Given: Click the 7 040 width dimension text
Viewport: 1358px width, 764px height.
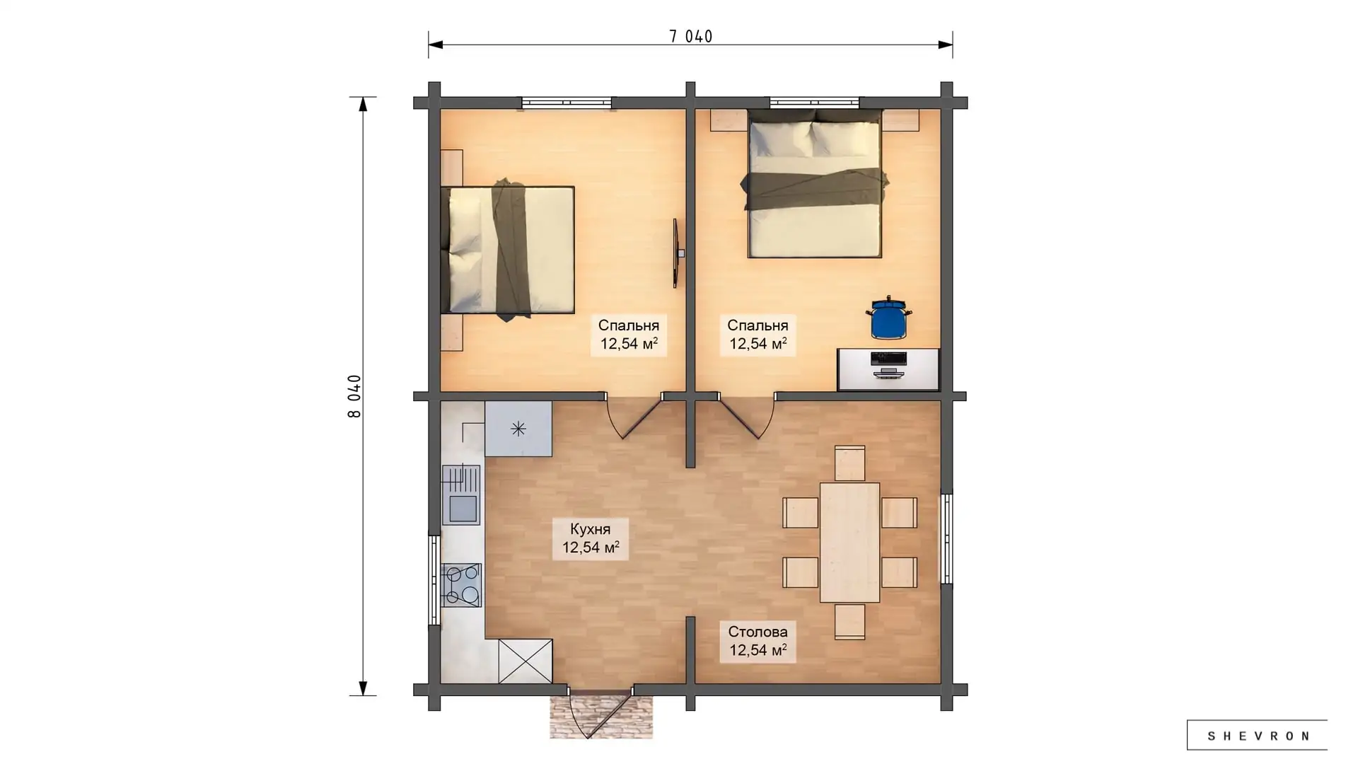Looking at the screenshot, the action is [690, 36].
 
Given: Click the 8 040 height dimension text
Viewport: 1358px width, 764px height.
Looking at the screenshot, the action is [354, 396].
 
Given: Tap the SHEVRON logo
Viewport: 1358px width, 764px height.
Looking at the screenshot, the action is [1257, 736].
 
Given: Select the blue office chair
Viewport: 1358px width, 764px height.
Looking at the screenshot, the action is [888, 318].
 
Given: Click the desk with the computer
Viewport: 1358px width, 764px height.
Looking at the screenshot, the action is [888, 369].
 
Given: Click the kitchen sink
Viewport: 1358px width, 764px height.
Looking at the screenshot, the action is [461, 495].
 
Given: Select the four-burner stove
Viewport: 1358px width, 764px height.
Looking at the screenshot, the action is [461, 585].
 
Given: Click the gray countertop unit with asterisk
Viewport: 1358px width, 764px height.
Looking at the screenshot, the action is [518, 429].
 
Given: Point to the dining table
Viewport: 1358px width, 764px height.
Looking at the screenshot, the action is [849, 543].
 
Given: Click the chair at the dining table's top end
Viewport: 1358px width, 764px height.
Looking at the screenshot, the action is [849, 463].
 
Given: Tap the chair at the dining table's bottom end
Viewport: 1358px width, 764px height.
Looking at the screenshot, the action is [849, 622].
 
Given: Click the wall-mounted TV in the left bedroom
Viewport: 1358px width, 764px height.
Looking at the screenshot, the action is [676, 253].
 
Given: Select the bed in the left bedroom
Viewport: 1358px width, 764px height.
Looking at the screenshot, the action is [507, 250].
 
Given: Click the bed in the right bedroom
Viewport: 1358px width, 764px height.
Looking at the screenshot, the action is [815, 184].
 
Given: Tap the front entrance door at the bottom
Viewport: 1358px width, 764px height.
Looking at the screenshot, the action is [598, 711].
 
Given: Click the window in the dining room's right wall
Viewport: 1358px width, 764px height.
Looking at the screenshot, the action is [946, 538].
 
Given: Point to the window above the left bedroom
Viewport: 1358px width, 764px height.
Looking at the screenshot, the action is [567, 103].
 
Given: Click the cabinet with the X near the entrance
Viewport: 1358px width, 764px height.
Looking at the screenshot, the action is [525, 661].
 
